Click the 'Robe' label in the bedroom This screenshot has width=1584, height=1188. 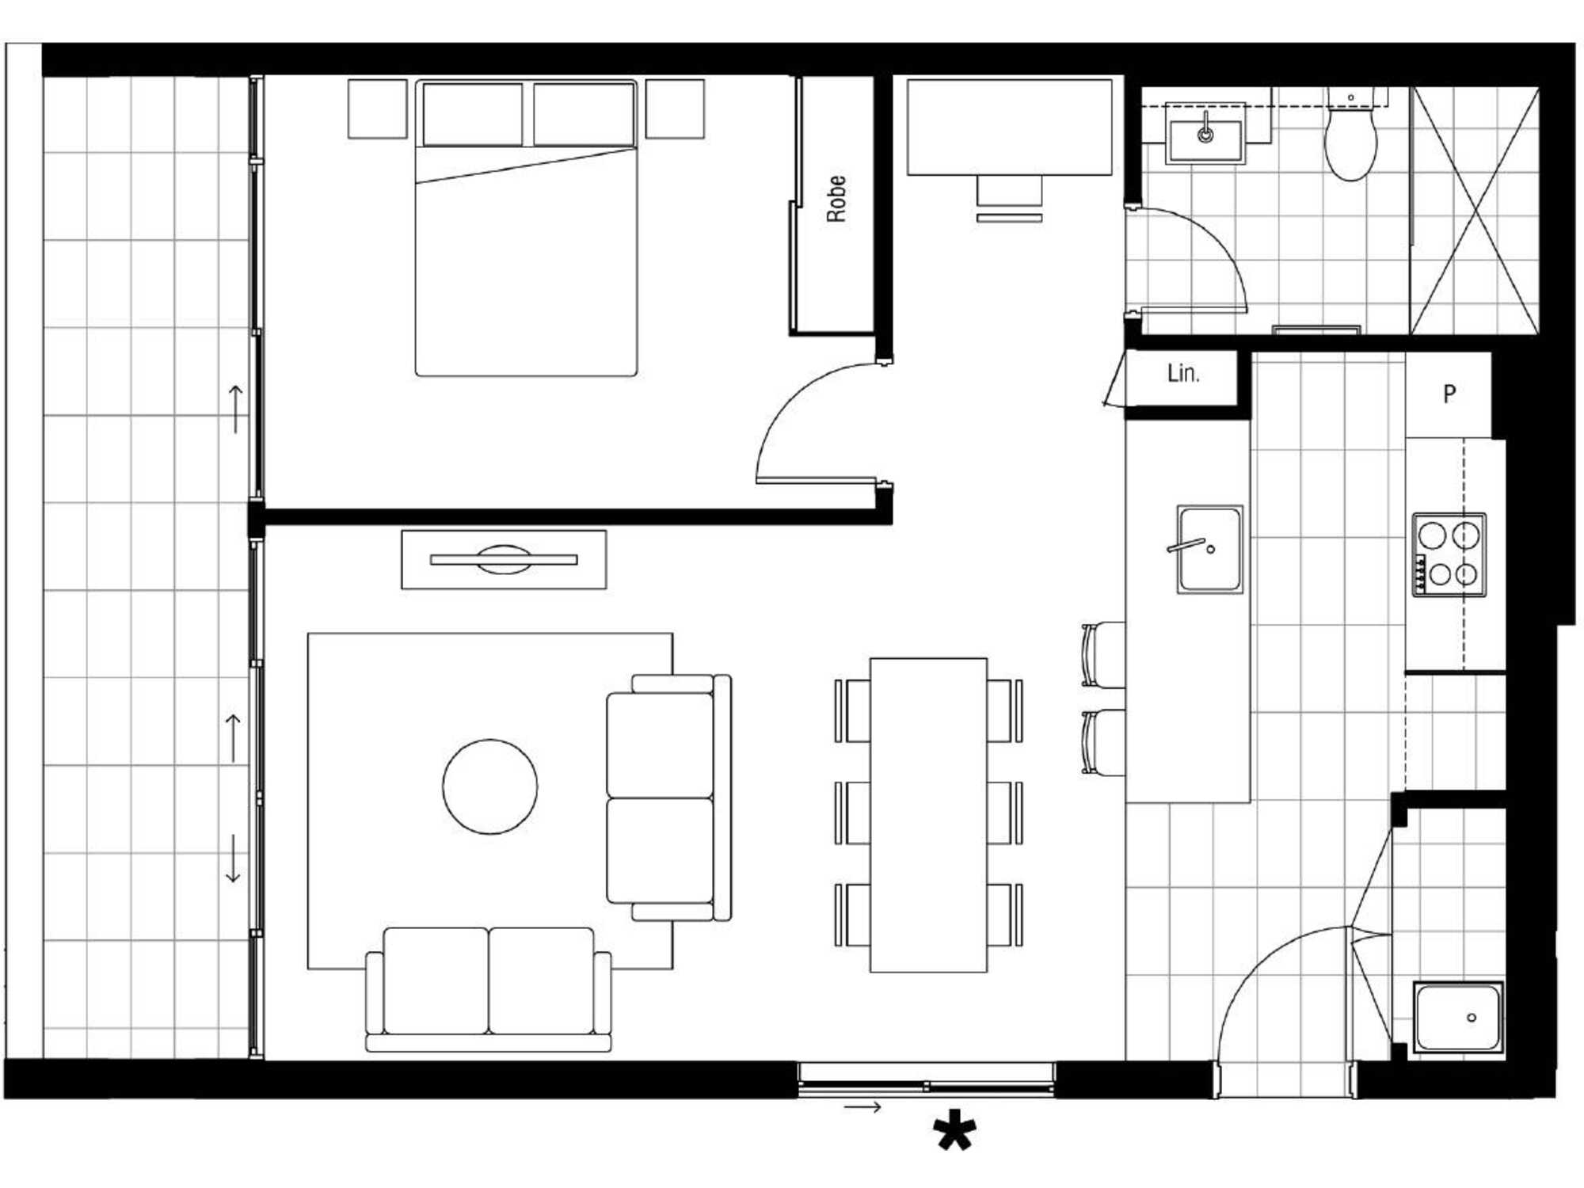click(x=836, y=199)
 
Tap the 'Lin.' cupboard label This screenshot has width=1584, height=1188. click(x=1183, y=373)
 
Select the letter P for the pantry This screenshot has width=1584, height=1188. click(x=1449, y=394)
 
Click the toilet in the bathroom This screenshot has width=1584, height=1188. click(x=1350, y=139)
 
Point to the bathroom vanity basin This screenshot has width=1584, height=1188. click(x=1205, y=133)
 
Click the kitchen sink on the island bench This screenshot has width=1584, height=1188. click(x=1209, y=549)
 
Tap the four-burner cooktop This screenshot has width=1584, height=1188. click(x=1449, y=554)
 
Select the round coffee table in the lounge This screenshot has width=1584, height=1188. click(x=490, y=786)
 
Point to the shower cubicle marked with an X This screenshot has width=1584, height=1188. click(x=1475, y=211)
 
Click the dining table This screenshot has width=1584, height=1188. click(x=928, y=815)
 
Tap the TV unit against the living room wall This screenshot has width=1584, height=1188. click(x=504, y=559)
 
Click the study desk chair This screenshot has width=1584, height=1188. click(x=1009, y=198)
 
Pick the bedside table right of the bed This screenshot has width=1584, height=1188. click(x=675, y=109)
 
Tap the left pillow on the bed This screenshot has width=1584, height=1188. click(x=473, y=114)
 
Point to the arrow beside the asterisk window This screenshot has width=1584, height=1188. click(x=862, y=1106)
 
